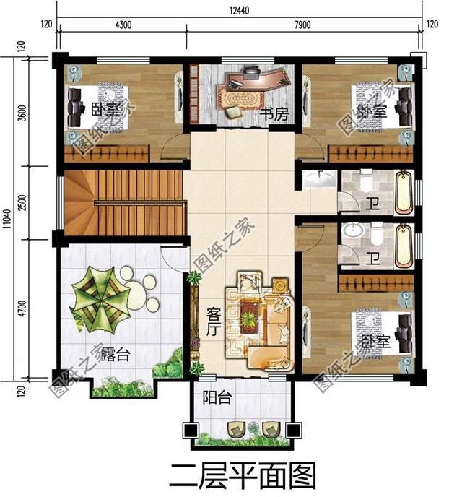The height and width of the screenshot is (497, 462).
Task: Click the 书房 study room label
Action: tap(274, 114)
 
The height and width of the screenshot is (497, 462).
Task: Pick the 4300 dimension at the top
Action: tap(123, 25)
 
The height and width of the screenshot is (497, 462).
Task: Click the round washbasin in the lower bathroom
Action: tap(354, 233)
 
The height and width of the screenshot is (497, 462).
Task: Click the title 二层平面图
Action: tap(242, 475)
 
